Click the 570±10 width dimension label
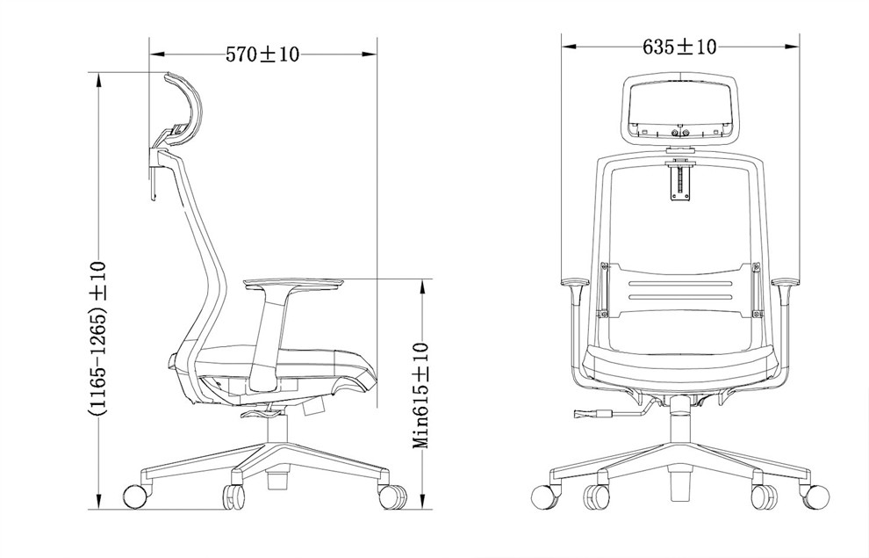(x=262, y=54)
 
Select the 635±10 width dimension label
(x=679, y=47)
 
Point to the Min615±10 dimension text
(x=420, y=395)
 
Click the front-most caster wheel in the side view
(x=392, y=496)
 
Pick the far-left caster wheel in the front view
(x=543, y=496)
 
